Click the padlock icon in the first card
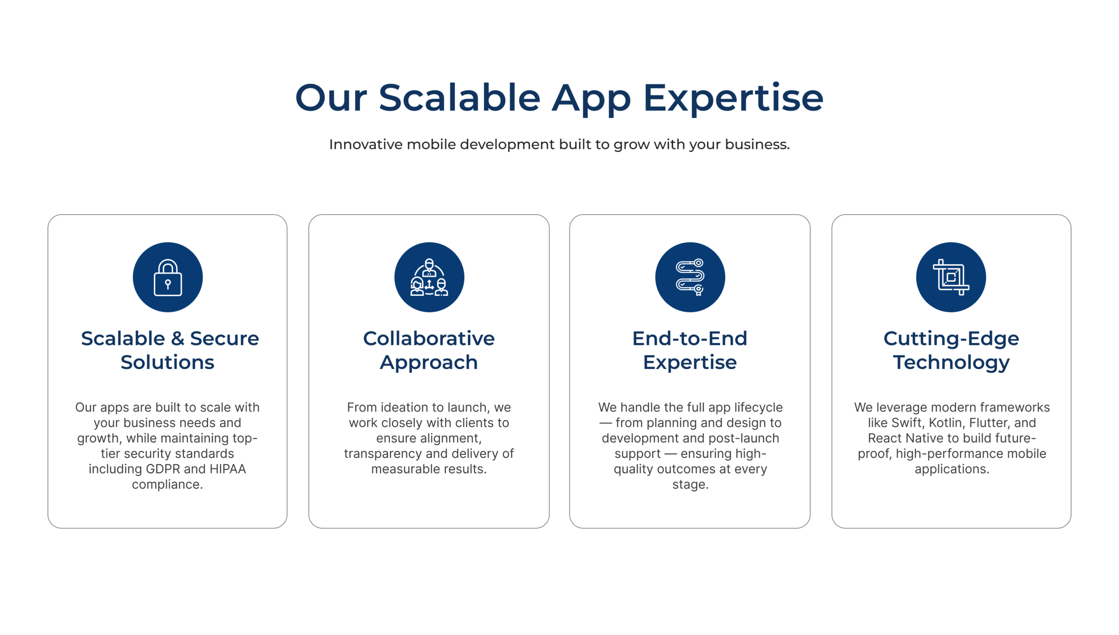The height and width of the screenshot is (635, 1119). click(x=168, y=277)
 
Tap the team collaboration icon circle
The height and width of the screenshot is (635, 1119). click(x=429, y=277)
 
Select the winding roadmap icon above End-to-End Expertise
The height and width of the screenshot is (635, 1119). click(x=690, y=277)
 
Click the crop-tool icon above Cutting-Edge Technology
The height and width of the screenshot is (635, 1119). click(x=951, y=277)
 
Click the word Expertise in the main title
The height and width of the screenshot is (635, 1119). click(x=733, y=98)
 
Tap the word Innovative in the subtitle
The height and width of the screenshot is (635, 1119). click(x=366, y=144)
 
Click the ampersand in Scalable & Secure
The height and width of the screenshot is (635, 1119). click(x=177, y=338)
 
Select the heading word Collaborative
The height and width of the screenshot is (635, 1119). click(x=429, y=338)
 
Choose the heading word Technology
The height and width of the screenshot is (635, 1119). click(x=951, y=363)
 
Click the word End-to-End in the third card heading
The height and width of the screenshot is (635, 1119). click(x=690, y=338)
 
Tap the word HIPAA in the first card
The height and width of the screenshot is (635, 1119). click(x=228, y=469)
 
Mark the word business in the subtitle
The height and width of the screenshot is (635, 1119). click(x=757, y=144)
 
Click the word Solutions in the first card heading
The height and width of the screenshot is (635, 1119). click(x=167, y=362)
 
